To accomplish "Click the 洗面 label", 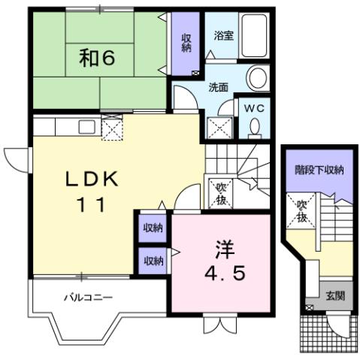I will [219, 87].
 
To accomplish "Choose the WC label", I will [253, 107].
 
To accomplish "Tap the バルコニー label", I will [88, 298].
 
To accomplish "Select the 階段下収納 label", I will [319, 170].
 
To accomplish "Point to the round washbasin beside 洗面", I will [259, 78].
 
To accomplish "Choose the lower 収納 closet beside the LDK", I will [153, 261].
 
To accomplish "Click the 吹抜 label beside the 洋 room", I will [221, 192].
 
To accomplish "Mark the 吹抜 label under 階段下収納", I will [302, 210].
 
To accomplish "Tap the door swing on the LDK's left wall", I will [15, 158].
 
